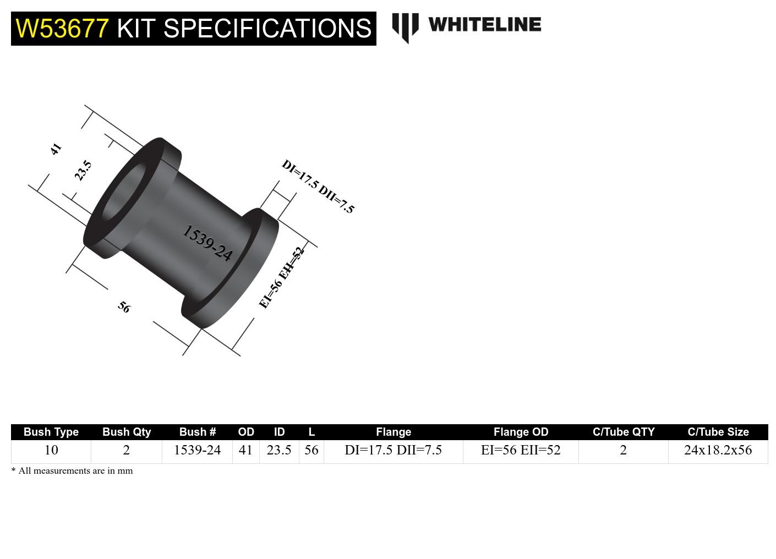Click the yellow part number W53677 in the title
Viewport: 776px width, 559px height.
pyautogui.click(x=62, y=28)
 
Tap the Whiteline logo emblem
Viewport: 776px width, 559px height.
pyautogui.click(x=405, y=27)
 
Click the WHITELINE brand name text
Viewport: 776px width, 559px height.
pyautogui.click(x=484, y=25)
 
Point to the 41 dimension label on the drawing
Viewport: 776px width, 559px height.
pyautogui.click(x=56, y=149)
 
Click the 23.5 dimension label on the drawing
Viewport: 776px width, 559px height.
pyautogui.click(x=83, y=171)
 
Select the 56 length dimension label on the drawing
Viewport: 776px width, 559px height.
pyautogui.click(x=124, y=307)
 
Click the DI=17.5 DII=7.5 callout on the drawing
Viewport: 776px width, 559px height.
pyautogui.click(x=318, y=187)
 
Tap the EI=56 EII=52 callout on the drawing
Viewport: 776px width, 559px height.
pyautogui.click(x=281, y=278)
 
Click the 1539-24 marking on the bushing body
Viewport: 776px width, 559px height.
pyautogui.click(x=207, y=243)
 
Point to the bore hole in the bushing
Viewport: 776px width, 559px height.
pyautogui.click(x=122, y=190)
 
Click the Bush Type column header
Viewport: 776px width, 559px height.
pyautogui.click(x=51, y=432)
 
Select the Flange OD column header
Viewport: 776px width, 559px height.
pyautogui.click(x=521, y=432)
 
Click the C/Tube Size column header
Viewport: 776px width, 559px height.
pyautogui.click(x=718, y=432)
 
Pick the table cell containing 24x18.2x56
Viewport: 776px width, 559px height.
pyautogui.click(x=718, y=450)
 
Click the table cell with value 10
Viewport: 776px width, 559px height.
pyautogui.click(x=51, y=450)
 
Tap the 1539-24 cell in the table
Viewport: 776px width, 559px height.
pyautogui.click(x=197, y=450)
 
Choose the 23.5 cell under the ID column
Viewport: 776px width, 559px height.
pyautogui.click(x=279, y=450)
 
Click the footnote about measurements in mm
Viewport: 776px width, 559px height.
pyautogui.click(x=72, y=471)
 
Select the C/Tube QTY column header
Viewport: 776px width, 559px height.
pyautogui.click(x=624, y=432)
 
